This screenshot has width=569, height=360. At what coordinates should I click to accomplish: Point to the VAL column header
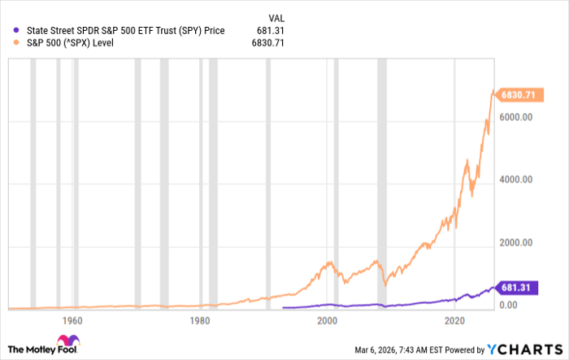[x=277, y=17]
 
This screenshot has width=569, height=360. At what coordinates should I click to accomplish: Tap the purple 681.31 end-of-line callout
[x=517, y=287]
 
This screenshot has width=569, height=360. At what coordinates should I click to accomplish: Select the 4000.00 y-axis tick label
[x=515, y=180]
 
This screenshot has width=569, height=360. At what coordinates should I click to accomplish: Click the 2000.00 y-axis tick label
[x=515, y=243]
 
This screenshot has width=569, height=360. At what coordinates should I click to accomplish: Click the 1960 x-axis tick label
[x=71, y=320]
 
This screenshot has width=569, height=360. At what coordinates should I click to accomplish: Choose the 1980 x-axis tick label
[x=199, y=320]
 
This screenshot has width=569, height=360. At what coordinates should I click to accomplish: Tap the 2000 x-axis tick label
[x=328, y=320]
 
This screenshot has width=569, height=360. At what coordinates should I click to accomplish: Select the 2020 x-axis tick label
[x=456, y=320]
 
